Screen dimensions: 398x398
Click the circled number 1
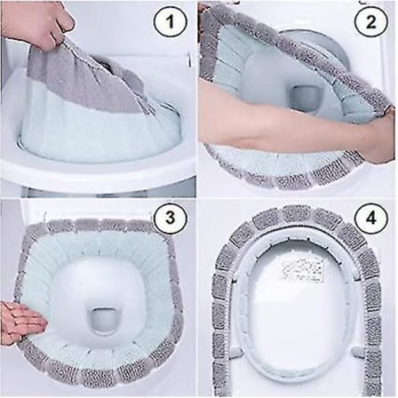(171, 22)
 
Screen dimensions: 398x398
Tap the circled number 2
(371, 22)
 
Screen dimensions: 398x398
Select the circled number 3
(171, 219)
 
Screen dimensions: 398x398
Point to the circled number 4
(371, 219)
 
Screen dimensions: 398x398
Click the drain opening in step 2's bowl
(304, 96)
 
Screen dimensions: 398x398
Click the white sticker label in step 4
(301, 269)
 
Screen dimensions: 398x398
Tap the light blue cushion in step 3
(53, 267)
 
